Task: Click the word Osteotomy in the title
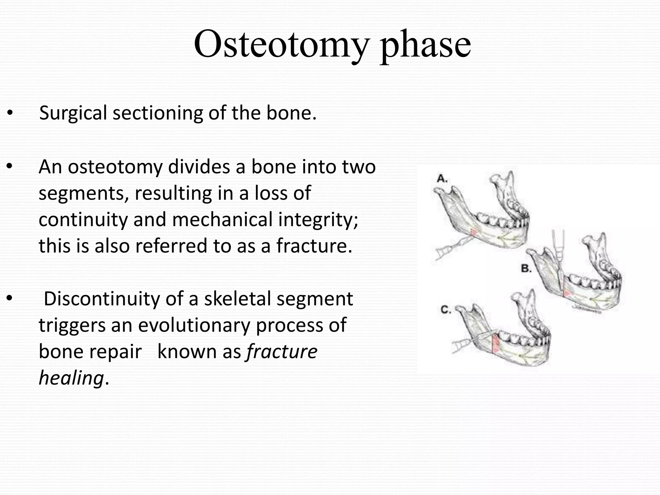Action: click(x=280, y=44)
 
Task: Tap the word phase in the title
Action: click(x=425, y=45)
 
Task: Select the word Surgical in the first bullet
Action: click(x=73, y=113)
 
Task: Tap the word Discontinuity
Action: click(x=102, y=299)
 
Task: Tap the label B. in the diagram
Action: click(x=526, y=268)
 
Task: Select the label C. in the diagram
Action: click(x=446, y=310)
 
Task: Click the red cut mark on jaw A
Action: click(x=474, y=232)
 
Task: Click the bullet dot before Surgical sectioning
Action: click(x=10, y=113)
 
